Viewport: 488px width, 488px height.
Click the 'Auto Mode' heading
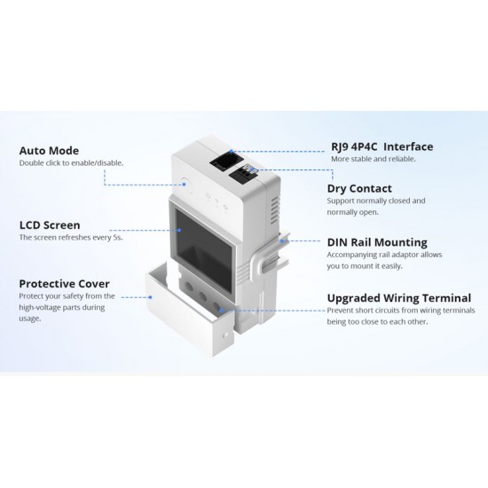(x=49, y=151)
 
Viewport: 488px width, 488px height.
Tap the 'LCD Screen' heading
(x=50, y=225)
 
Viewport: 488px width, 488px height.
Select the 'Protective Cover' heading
(x=64, y=284)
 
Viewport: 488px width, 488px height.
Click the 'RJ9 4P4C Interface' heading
(x=382, y=147)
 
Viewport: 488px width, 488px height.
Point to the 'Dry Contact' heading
(x=359, y=189)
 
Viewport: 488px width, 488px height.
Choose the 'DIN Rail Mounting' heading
(x=377, y=242)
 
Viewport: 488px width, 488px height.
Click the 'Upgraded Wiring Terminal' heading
(x=399, y=298)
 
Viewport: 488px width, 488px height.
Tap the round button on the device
(x=185, y=184)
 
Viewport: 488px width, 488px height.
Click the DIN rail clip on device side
(x=270, y=255)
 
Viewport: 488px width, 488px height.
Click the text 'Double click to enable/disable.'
(x=71, y=163)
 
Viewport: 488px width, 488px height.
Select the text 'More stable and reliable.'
(x=374, y=159)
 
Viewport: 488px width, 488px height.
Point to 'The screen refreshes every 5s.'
(x=71, y=238)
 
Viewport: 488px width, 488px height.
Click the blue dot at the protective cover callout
(x=150, y=297)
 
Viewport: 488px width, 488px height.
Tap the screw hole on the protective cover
(x=224, y=335)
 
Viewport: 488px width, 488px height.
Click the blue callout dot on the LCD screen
(x=179, y=231)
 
